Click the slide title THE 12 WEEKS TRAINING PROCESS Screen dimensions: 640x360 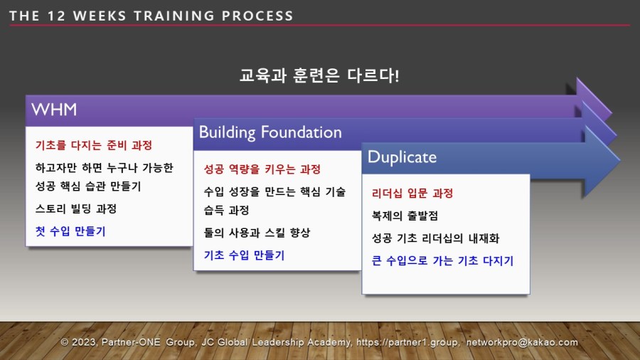coord(151,16)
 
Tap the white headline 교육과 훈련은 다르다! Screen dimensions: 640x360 coord(319,76)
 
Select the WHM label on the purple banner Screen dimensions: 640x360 coord(54,110)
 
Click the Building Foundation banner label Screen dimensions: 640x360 coord(270,132)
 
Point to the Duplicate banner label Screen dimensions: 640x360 coord(402,157)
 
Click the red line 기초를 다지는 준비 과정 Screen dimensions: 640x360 coord(94,145)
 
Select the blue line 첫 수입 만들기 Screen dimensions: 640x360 coord(70,231)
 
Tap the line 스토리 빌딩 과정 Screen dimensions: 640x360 coord(76,209)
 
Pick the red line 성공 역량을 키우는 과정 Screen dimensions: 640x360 coord(262,169)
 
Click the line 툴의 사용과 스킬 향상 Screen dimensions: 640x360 coord(257,233)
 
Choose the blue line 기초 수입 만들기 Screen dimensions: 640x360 coord(244,255)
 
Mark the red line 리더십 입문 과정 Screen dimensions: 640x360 coord(412,193)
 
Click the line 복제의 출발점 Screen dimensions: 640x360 coord(405,216)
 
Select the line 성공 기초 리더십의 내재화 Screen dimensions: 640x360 coord(435,238)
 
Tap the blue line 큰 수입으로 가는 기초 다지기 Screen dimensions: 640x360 coord(442,260)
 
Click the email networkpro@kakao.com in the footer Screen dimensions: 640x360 coord(522,342)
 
